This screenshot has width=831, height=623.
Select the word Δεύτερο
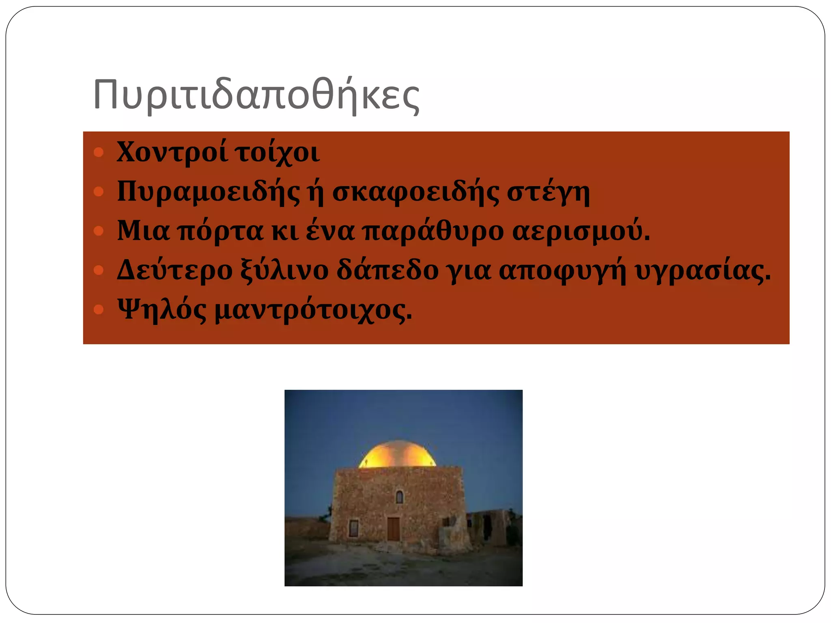(174, 270)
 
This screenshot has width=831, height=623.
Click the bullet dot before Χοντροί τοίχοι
(99, 153)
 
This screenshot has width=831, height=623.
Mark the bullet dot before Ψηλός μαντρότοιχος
(99, 310)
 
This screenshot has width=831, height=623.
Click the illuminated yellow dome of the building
(398, 455)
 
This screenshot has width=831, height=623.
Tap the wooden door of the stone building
(393, 529)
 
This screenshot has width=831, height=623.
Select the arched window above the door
(399, 496)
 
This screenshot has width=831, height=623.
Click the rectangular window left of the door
(354, 528)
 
